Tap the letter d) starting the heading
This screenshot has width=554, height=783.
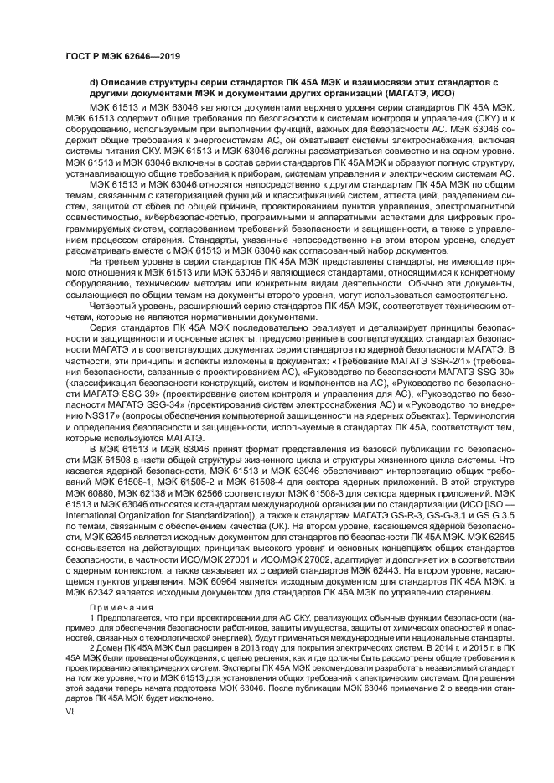pos(93,82)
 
